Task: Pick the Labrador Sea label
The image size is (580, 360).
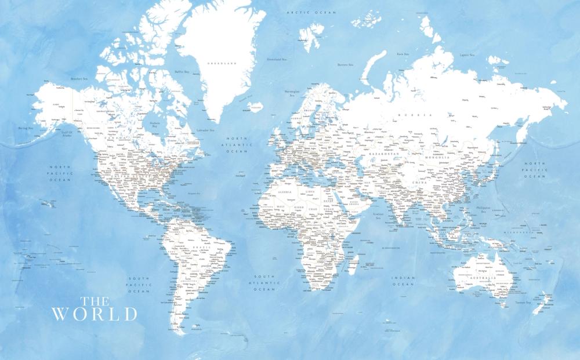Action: coord(205,130)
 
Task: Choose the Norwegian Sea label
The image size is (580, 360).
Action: coord(292,93)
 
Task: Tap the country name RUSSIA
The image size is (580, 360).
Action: coord(419,115)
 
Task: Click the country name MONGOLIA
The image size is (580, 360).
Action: coord(438,157)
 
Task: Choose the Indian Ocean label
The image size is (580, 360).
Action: coord(403,281)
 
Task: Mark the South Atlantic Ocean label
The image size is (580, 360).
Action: coord(264,282)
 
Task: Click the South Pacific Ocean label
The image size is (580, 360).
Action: coord(139,285)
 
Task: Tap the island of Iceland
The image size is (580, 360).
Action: coord(255,107)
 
